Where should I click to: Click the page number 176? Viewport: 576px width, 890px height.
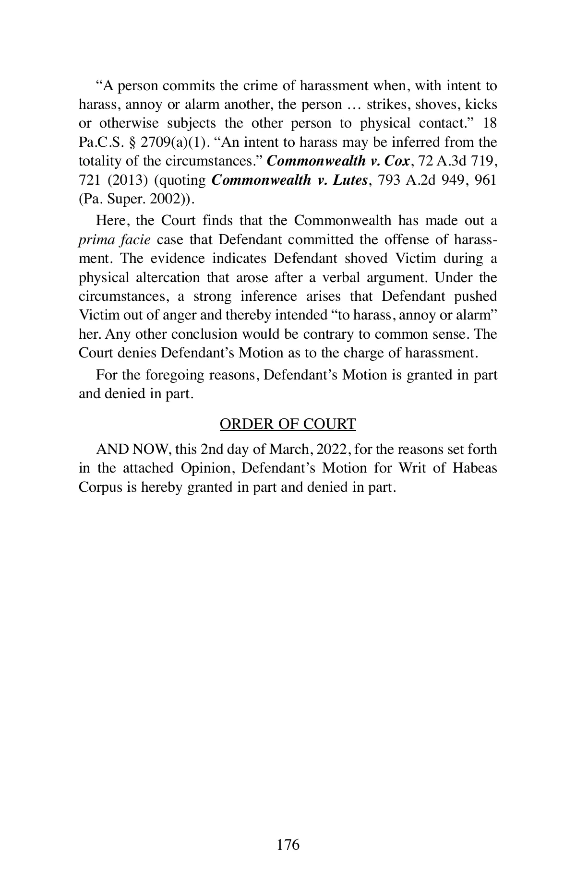288,844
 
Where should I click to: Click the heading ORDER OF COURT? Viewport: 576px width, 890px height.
288,424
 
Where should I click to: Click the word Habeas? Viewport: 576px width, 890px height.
475,468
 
